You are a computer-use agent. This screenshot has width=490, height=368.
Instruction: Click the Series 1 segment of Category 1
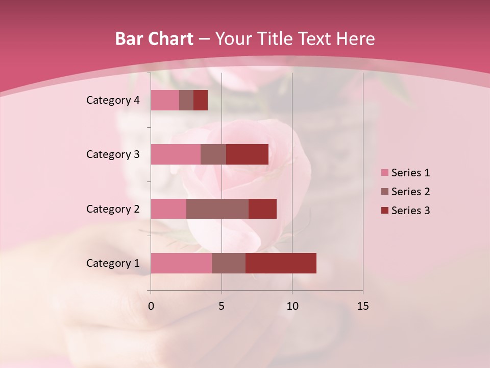[x=181, y=263]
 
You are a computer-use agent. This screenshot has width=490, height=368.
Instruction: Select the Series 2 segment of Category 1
[x=229, y=263]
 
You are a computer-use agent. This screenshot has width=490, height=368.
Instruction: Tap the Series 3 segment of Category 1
[x=281, y=263]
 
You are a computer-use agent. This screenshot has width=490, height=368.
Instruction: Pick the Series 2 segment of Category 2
[x=217, y=209]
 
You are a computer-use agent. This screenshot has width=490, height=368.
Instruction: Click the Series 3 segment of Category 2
[x=262, y=209]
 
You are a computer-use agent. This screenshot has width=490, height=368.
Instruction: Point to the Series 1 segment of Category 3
[x=176, y=154]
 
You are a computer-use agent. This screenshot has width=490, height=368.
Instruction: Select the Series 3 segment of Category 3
[x=247, y=154]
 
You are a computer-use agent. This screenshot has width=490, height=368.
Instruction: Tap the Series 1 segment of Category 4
[x=165, y=100]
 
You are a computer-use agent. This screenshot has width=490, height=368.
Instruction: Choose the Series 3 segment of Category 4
[x=201, y=100]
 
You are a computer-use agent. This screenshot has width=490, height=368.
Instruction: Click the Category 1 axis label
[x=112, y=263]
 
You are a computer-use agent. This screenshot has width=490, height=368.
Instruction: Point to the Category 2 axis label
[x=112, y=209]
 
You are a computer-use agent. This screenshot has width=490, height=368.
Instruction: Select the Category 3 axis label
[x=112, y=154]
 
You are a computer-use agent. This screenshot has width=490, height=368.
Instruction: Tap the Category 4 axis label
[x=112, y=100]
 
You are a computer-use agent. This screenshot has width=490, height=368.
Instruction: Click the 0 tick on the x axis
[x=151, y=306]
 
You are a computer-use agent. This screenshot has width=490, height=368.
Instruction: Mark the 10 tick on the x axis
[x=292, y=306]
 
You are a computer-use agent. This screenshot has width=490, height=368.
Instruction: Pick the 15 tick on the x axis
[x=363, y=306]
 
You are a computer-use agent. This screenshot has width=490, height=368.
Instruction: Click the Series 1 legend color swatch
[x=385, y=173]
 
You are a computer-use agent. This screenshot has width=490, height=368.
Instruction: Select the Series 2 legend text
[x=410, y=192]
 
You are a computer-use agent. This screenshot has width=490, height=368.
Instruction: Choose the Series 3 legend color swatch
[x=385, y=211]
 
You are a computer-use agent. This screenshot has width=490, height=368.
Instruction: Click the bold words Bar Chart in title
[x=154, y=39]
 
